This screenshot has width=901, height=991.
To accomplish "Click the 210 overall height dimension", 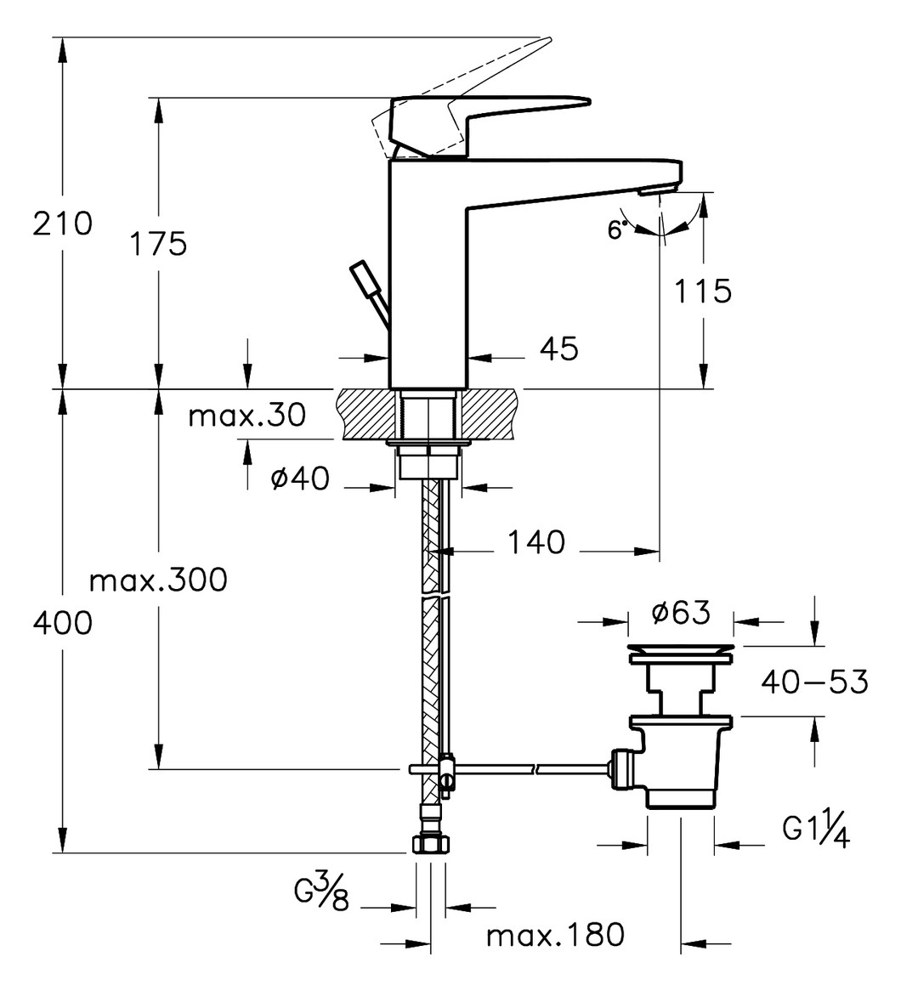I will [x=62, y=224].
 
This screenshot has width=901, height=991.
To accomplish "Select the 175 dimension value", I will [x=158, y=244].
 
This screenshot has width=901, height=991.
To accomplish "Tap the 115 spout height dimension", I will [x=702, y=292].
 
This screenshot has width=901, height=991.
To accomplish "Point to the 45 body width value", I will [x=558, y=348].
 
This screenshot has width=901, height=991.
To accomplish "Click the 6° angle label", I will [x=619, y=229].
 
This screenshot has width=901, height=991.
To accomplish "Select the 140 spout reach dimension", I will [x=535, y=541].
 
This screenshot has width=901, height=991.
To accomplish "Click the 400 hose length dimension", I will [x=62, y=623].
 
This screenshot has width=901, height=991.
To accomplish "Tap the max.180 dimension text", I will [x=555, y=936].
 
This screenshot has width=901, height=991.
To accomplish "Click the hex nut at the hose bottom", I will [x=430, y=844].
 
